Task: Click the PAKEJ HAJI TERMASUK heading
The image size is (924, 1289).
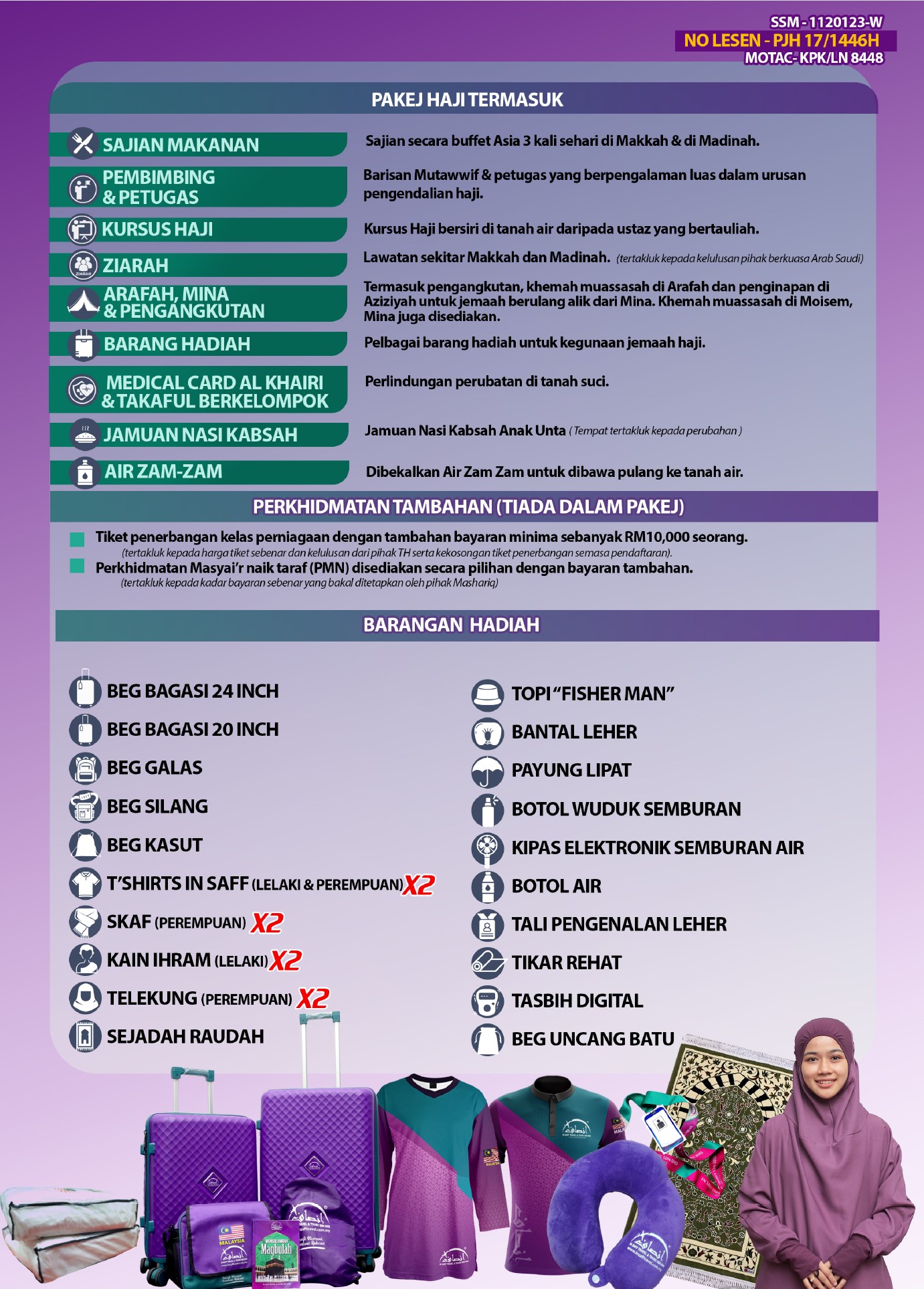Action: click(x=467, y=100)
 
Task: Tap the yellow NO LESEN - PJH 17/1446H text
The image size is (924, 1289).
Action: click(x=781, y=41)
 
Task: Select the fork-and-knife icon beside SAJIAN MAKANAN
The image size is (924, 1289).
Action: click(x=83, y=143)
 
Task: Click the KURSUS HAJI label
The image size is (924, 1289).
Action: click(x=157, y=229)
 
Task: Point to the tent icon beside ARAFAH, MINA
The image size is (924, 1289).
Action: click(x=84, y=302)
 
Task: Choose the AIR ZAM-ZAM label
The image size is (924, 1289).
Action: click(x=163, y=472)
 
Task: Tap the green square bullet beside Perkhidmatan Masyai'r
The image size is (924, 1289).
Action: click(x=77, y=567)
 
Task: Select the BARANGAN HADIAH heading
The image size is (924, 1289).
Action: click(x=451, y=625)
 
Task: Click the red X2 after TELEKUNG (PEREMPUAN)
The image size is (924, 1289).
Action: click(x=312, y=999)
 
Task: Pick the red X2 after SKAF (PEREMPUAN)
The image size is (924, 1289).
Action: click(x=267, y=923)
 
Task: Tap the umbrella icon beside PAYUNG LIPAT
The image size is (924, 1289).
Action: click(x=487, y=771)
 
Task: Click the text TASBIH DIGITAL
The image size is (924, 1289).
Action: click(x=577, y=1001)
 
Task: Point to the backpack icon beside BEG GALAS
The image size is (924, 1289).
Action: click(x=85, y=769)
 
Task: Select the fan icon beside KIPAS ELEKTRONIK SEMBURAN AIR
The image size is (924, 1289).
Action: click(x=487, y=848)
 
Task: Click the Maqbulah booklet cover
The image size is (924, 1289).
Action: click(x=275, y=1251)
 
